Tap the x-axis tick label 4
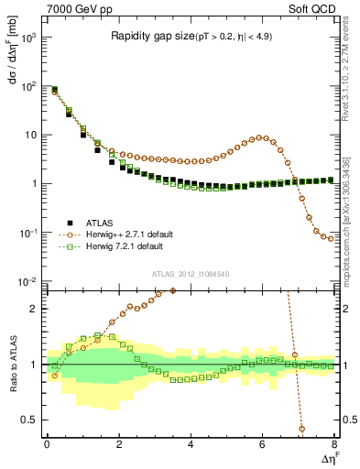pyautogui.click(x=190, y=445)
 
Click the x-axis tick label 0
pyautogui.click(x=47, y=445)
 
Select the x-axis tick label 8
pyautogui.click(x=333, y=445)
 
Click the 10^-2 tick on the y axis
pyautogui.click(x=28, y=281)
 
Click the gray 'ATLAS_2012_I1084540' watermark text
pyautogui.click(x=190, y=274)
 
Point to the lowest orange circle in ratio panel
pyautogui.click(x=302, y=428)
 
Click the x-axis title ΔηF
pyautogui.click(x=327, y=457)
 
